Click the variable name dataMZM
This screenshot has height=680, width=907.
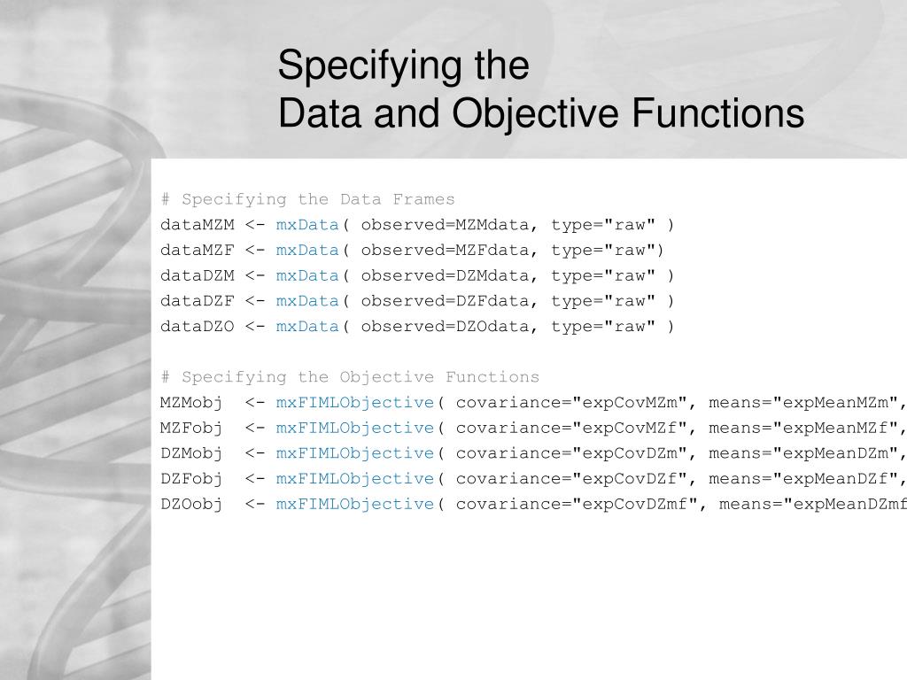(197, 225)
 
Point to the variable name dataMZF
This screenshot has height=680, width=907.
(197, 250)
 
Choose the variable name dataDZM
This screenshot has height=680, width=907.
(197, 275)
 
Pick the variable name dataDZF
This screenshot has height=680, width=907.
(197, 301)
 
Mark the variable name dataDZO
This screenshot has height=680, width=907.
(197, 326)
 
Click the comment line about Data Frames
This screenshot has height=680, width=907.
(307, 199)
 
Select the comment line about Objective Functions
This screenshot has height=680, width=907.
(350, 377)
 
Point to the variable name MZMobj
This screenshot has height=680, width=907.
(191, 403)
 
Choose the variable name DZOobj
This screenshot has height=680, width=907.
(191, 504)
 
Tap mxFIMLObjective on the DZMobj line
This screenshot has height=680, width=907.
(354, 453)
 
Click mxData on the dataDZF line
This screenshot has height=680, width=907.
(307, 301)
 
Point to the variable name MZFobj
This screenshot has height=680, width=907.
(191, 428)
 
